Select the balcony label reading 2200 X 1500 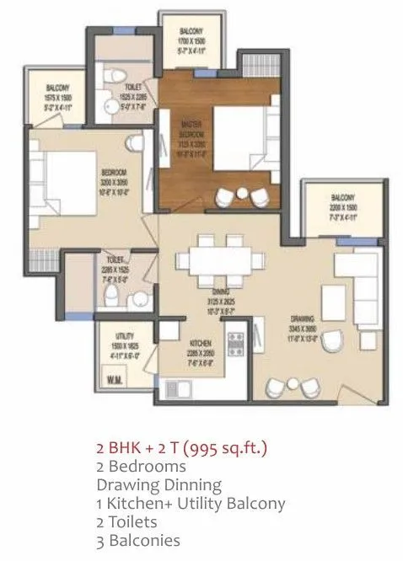point(342,203)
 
